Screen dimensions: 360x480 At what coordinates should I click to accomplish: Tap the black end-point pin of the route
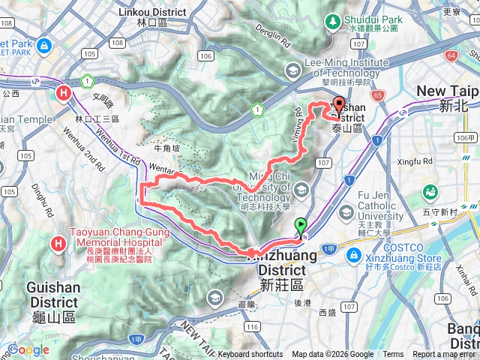[x=338, y=106]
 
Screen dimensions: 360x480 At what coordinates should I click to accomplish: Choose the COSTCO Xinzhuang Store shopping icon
[x=351, y=256]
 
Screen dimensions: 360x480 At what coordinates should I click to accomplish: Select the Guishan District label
[x=52, y=292]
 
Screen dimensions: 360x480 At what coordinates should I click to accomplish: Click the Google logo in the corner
[x=28, y=349]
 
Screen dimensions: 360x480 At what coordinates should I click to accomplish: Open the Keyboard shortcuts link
[x=250, y=355]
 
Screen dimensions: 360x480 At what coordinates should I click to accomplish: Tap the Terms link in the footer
[x=393, y=355]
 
